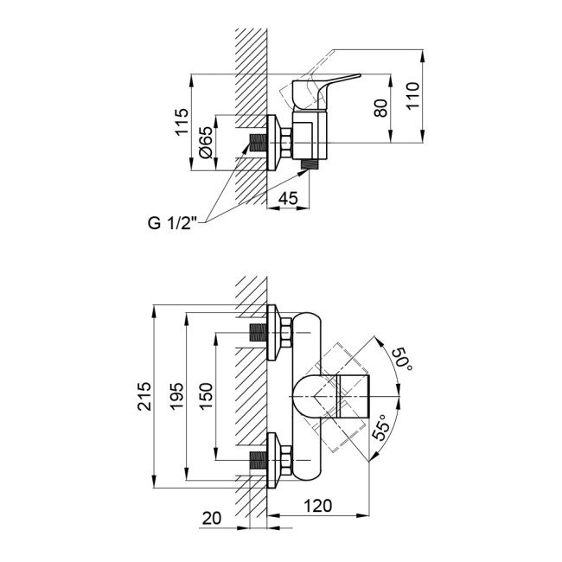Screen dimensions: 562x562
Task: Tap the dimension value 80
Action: click(381, 109)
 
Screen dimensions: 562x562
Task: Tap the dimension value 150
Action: click(206, 397)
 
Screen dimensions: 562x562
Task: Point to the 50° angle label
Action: click(401, 359)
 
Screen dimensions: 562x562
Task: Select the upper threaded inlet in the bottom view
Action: click(257, 332)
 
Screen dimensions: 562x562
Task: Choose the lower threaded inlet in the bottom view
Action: click(257, 460)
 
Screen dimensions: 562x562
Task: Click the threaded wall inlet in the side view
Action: click(257, 141)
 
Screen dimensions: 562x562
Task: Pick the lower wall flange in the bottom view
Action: click(278, 460)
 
